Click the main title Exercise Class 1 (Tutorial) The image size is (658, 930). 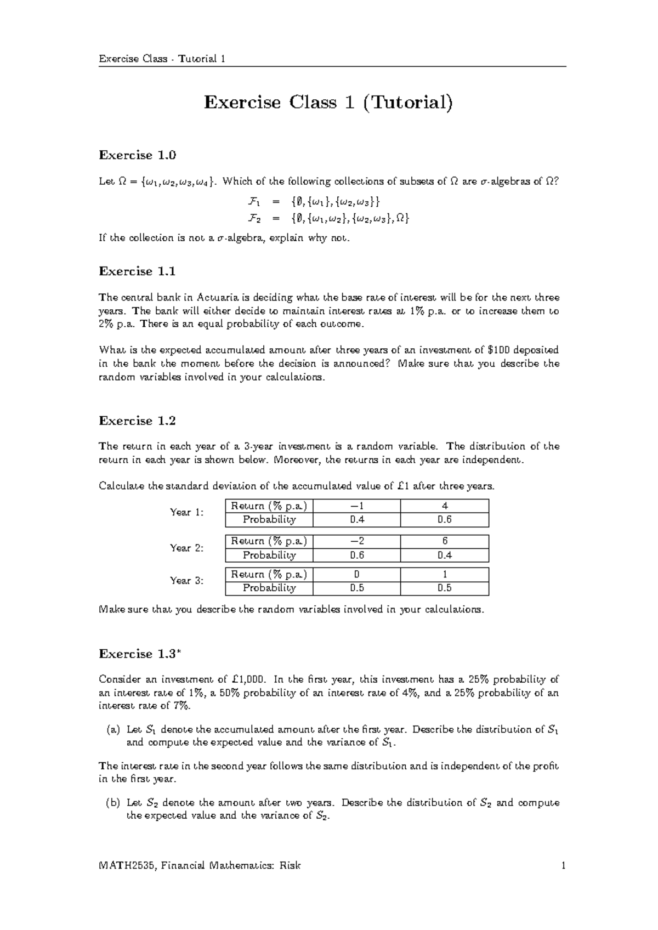328,103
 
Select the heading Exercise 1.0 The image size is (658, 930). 137,155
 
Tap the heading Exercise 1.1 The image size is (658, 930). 137,271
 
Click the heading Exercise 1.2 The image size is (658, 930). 137,421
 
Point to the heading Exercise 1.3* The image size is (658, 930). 139,654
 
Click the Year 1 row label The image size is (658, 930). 186,512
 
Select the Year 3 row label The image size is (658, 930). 186,581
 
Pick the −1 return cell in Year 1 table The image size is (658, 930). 356,506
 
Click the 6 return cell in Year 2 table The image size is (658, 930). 445,541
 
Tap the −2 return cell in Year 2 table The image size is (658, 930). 356,541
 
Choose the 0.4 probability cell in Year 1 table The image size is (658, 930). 356,519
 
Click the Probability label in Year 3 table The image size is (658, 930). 269,588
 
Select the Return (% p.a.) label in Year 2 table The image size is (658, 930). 269,541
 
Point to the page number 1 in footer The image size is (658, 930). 563,866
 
